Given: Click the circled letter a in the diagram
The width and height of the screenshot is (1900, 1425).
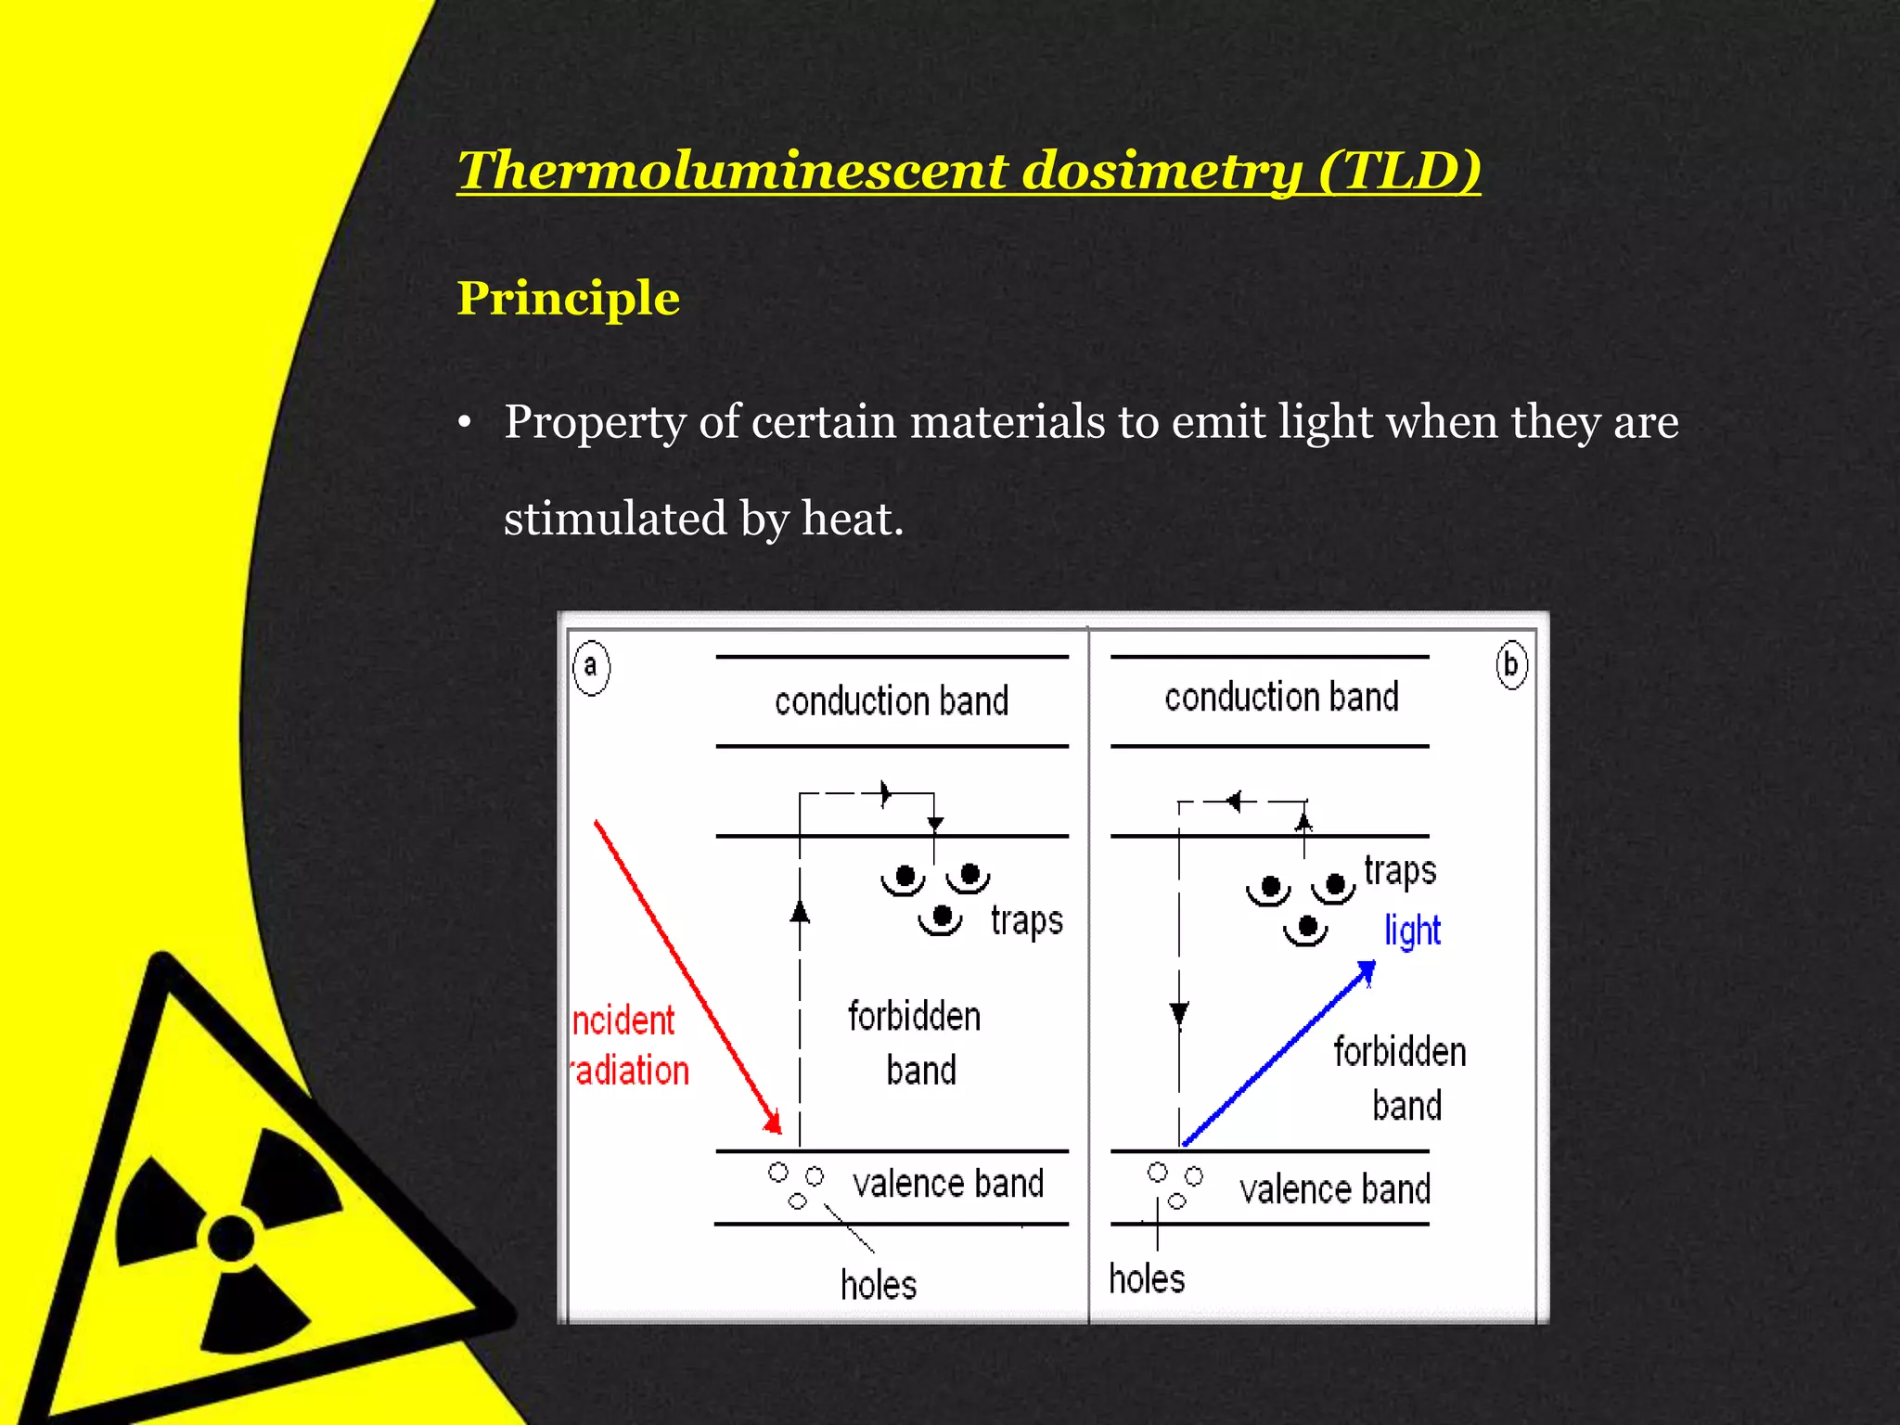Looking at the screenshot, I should [591, 666].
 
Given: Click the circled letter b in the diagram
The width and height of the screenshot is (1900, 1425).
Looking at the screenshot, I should [1511, 664].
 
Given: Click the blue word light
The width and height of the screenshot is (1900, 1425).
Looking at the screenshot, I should [1412, 931].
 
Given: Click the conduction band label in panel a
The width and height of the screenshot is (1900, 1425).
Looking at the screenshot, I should [891, 701].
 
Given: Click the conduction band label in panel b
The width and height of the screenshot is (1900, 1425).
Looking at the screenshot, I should [1281, 698].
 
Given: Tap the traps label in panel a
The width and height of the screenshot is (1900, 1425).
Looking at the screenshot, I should [1026, 921].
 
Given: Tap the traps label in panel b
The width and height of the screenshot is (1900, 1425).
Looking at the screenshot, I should [1399, 871].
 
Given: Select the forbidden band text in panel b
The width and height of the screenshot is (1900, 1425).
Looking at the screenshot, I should [1400, 1078].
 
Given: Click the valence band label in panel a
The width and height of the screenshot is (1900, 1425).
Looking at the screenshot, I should [948, 1185].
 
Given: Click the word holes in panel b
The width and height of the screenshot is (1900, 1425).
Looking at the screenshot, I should [1147, 1279].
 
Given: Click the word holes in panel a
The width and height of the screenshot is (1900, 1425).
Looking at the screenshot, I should [879, 1285].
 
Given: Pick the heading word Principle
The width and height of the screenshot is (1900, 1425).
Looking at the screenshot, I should [569, 299].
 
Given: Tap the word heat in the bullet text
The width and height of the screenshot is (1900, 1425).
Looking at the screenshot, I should [852, 518].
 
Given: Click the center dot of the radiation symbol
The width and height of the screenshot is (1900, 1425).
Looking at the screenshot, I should [231, 1238].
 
